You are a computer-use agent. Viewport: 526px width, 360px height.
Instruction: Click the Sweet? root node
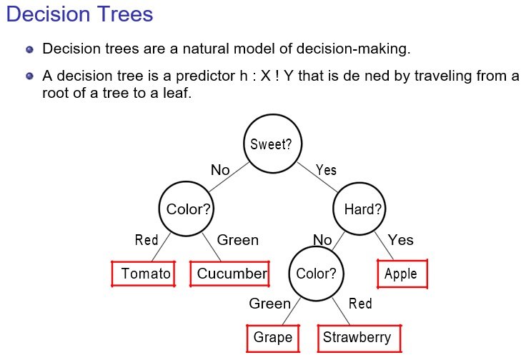click(x=272, y=144)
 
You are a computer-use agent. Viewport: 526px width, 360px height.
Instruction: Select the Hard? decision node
click(x=359, y=209)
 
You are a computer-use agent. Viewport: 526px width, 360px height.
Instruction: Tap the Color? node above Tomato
click(x=187, y=209)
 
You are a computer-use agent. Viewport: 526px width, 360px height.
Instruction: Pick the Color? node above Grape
click(x=316, y=274)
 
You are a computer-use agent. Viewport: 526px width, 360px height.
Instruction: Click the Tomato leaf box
click(x=143, y=274)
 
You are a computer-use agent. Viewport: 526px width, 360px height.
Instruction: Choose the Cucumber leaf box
click(x=230, y=274)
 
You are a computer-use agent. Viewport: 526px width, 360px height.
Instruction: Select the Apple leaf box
click(x=402, y=274)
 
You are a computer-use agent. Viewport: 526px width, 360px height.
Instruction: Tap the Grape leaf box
click(x=273, y=338)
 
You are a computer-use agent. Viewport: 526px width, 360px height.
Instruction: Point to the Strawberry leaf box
click(x=359, y=338)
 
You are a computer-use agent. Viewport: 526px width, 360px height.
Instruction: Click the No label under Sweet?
click(x=220, y=170)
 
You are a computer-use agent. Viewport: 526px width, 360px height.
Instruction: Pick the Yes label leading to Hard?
click(x=326, y=170)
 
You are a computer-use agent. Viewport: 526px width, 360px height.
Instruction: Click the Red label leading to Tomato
click(x=147, y=240)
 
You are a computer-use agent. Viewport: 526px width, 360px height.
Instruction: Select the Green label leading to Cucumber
click(x=238, y=240)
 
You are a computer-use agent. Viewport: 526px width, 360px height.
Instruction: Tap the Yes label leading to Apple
click(x=400, y=240)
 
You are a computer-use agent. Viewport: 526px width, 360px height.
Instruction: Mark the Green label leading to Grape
click(x=269, y=304)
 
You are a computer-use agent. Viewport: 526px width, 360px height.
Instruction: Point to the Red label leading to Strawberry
click(x=360, y=304)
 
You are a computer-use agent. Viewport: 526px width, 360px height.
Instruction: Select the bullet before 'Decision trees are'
click(x=29, y=49)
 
